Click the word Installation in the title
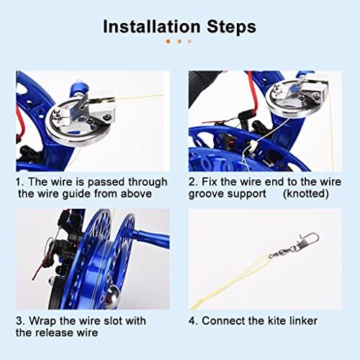(152, 27)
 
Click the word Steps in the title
(231, 27)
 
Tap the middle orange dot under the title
(179, 42)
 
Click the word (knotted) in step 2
(306, 194)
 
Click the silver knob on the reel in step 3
(112, 294)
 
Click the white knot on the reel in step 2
(253, 145)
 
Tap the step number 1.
(19, 181)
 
